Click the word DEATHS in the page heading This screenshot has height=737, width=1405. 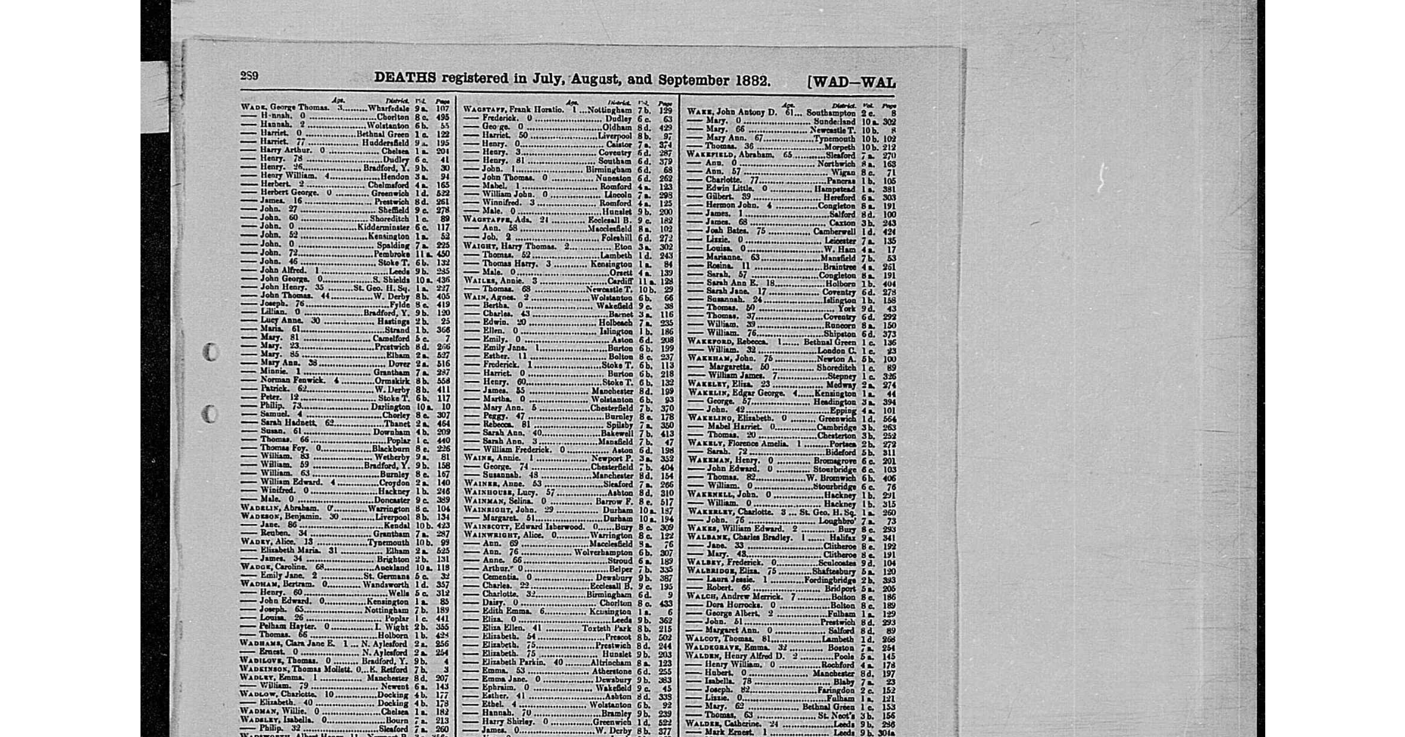(405, 78)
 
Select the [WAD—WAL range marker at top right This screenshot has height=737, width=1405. (851, 82)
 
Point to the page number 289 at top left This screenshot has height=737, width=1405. (249, 76)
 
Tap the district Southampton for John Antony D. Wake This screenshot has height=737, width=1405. (831, 113)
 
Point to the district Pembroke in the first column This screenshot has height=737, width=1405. (392, 254)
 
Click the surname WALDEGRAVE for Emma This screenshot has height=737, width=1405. (711, 648)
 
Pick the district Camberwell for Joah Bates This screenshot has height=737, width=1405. (834, 231)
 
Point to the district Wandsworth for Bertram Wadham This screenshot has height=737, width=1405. (386, 584)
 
